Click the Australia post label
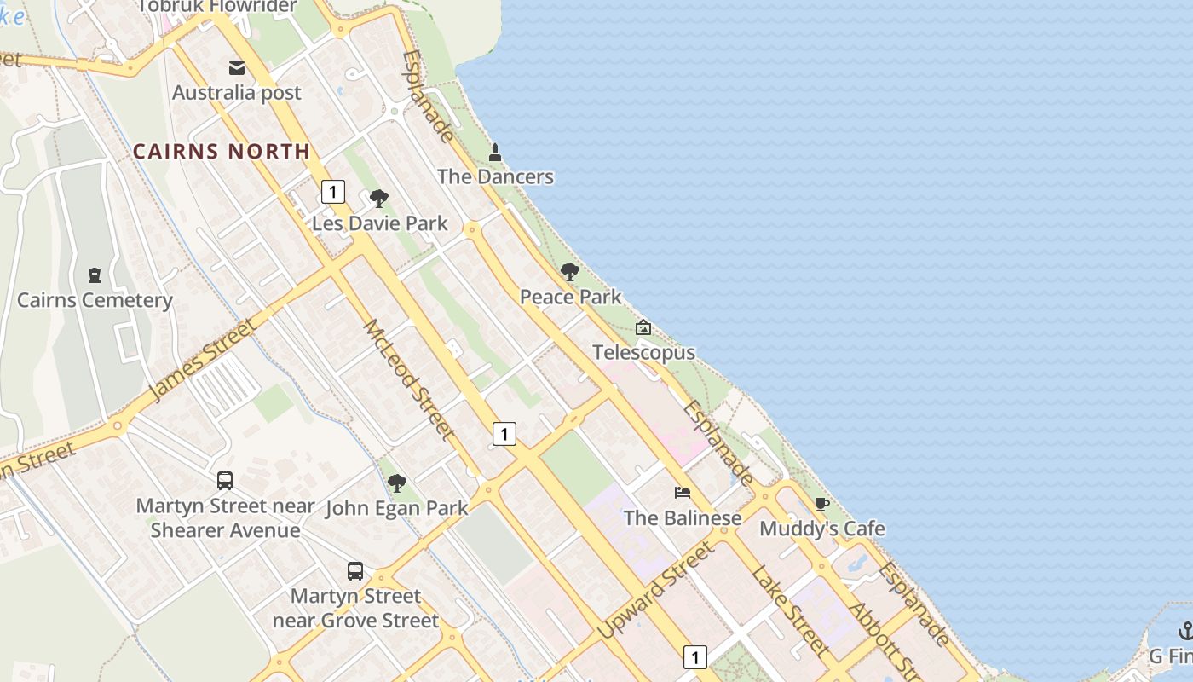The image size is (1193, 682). (x=237, y=92)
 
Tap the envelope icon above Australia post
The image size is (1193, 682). (x=237, y=68)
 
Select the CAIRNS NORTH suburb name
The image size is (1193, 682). (x=222, y=152)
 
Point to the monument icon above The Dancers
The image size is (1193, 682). (x=495, y=153)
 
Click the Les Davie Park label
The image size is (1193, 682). (x=379, y=223)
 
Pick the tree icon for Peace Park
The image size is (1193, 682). (x=570, y=273)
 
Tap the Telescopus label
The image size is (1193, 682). (x=643, y=352)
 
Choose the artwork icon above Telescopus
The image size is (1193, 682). (x=643, y=327)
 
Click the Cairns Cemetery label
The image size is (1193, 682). (x=95, y=300)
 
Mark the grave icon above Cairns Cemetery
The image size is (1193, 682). (x=95, y=275)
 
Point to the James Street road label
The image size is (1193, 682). (x=202, y=360)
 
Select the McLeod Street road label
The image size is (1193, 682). (x=409, y=379)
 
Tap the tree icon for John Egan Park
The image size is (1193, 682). (x=397, y=484)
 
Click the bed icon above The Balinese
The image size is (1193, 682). (x=683, y=493)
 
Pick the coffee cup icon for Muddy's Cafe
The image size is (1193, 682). (x=822, y=505)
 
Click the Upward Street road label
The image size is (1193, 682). (x=656, y=590)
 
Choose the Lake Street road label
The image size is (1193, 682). (x=790, y=610)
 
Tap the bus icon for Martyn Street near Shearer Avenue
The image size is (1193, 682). (x=225, y=481)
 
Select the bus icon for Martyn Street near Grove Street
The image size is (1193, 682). (x=355, y=571)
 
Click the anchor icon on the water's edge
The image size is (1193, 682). (x=1185, y=631)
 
